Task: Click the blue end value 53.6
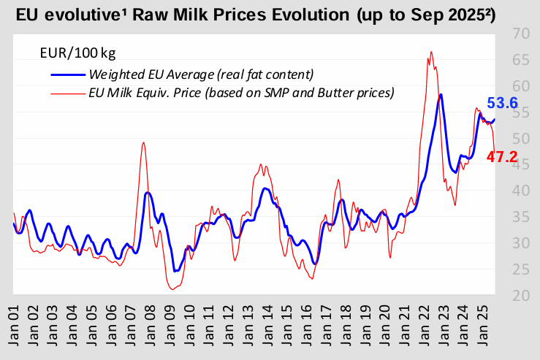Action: click(x=503, y=104)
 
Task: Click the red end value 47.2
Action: click(x=503, y=156)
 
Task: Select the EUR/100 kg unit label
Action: click(x=77, y=53)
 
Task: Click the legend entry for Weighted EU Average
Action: click(x=200, y=74)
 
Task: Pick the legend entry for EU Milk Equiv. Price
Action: click(x=240, y=93)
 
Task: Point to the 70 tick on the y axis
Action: click(x=522, y=34)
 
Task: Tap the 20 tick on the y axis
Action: click(x=522, y=296)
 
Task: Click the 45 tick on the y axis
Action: click(x=522, y=165)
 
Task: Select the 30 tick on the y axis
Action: click(x=522, y=243)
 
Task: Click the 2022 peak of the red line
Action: click(x=431, y=51)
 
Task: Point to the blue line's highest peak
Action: click(x=440, y=94)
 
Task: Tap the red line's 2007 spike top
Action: click(x=143, y=142)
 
